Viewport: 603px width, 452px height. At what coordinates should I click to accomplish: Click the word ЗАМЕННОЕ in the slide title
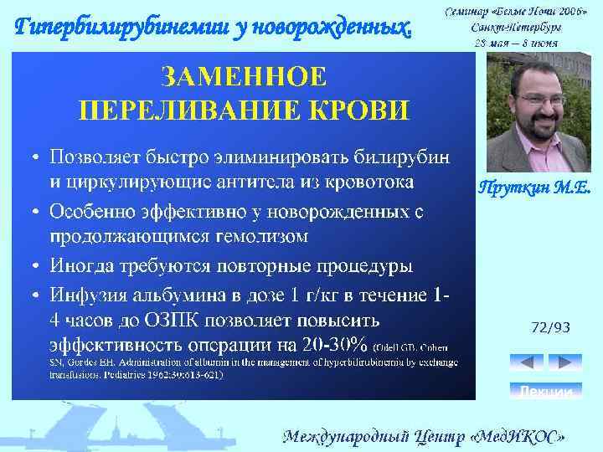click(244, 78)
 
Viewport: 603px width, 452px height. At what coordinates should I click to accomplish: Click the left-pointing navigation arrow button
click(527, 362)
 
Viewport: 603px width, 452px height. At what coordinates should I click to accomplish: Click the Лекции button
click(545, 391)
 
